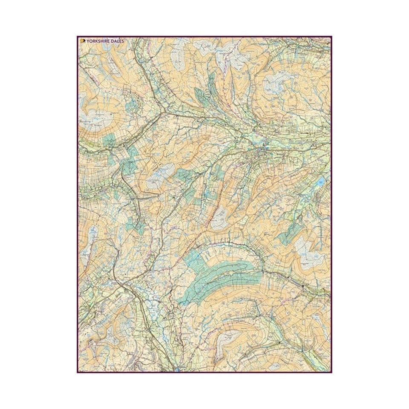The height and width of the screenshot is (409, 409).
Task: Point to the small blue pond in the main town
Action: pyautogui.click(x=266, y=149)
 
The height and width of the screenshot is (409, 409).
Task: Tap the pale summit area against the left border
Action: pyautogui.click(x=92, y=120)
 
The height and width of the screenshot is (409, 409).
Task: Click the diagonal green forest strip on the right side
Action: pyautogui.click(x=294, y=230)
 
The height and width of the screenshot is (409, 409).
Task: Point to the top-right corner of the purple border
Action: pyautogui.click(x=331, y=37)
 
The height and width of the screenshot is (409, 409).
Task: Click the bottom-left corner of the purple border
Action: pyautogui.click(x=78, y=372)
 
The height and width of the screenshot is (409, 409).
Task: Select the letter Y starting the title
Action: pyautogui.click(x=88, y=41)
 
